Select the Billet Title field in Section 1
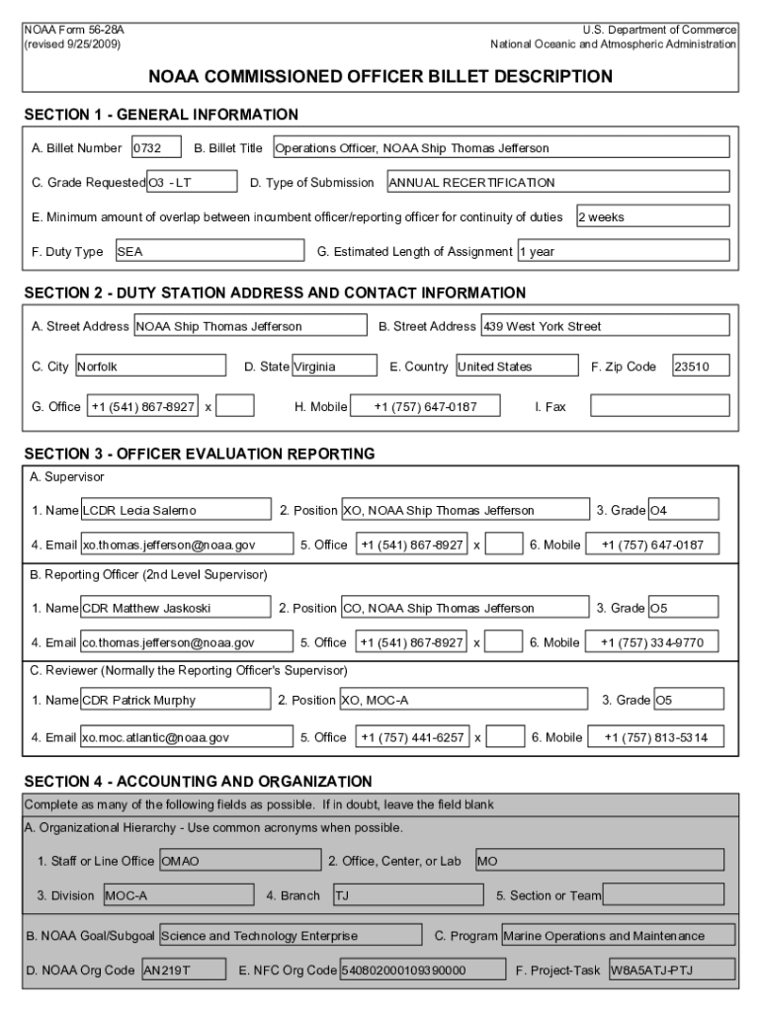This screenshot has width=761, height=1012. pyautogui.click(x=500, y=148)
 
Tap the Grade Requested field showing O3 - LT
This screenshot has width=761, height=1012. pyautogui.click(x=192, y=182)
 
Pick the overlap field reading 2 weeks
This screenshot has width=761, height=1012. pyautogui.click(x=652, y=216)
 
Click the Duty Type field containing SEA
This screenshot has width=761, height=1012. pyautogui.click(x=210, y=251)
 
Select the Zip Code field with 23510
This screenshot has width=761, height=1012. pyautogui.click(x=701, y=367)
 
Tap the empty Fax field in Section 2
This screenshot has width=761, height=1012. pyautogui.click(x=660, y=406)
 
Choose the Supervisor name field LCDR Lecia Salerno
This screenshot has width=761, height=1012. pyautogui.click(x=176, y=510)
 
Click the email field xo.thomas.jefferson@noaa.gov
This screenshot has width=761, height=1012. pyautogui.click(x=187, y=545)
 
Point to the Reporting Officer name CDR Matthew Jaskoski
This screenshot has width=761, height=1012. pyautogui.click(x=176, y=608)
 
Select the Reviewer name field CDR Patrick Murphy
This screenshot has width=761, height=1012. pyautogui.click(x=176, y=701)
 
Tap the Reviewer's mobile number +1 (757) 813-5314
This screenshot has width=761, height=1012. pyautogui.click(x=655, y=736)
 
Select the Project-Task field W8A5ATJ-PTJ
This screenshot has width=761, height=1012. pyautogui.click(x=671, y=970)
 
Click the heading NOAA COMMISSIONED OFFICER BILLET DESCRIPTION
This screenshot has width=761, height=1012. pyautogui.click(x=380, y=76)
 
